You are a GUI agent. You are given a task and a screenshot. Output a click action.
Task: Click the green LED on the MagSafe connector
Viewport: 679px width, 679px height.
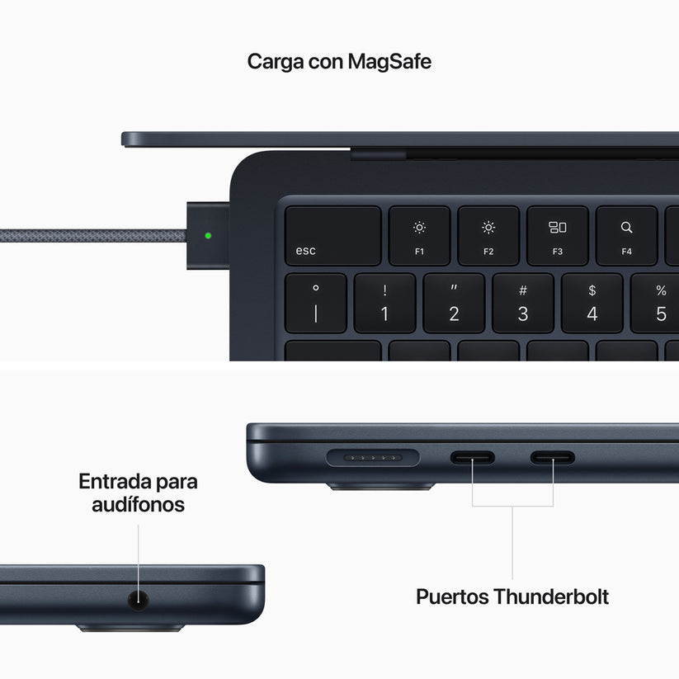point(208,235)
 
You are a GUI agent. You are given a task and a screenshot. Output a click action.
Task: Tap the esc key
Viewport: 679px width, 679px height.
point(332,236)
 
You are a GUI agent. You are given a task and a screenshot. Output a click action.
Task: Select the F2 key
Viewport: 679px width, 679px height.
point(488,236)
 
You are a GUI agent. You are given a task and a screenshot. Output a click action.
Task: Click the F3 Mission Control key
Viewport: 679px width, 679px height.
point(558,236)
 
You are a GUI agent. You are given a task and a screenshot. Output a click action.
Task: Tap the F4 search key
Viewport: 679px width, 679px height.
point(626,236)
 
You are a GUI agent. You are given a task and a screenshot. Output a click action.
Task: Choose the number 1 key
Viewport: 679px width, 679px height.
point(384,304)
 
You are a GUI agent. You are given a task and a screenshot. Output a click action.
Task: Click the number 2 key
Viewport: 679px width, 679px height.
point(454,304)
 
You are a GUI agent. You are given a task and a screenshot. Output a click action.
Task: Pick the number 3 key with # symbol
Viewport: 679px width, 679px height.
point(523,304)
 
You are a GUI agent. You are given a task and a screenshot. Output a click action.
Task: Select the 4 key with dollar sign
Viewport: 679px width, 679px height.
point(592,304)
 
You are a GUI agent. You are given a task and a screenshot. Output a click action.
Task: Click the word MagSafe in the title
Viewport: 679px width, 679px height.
point(389,61)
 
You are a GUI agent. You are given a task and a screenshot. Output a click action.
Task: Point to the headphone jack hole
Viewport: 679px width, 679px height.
point(139,600)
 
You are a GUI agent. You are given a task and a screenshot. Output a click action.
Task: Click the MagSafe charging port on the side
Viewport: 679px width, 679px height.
point(374,456)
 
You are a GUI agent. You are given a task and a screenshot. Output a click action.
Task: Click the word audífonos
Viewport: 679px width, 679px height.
point(139,504)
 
